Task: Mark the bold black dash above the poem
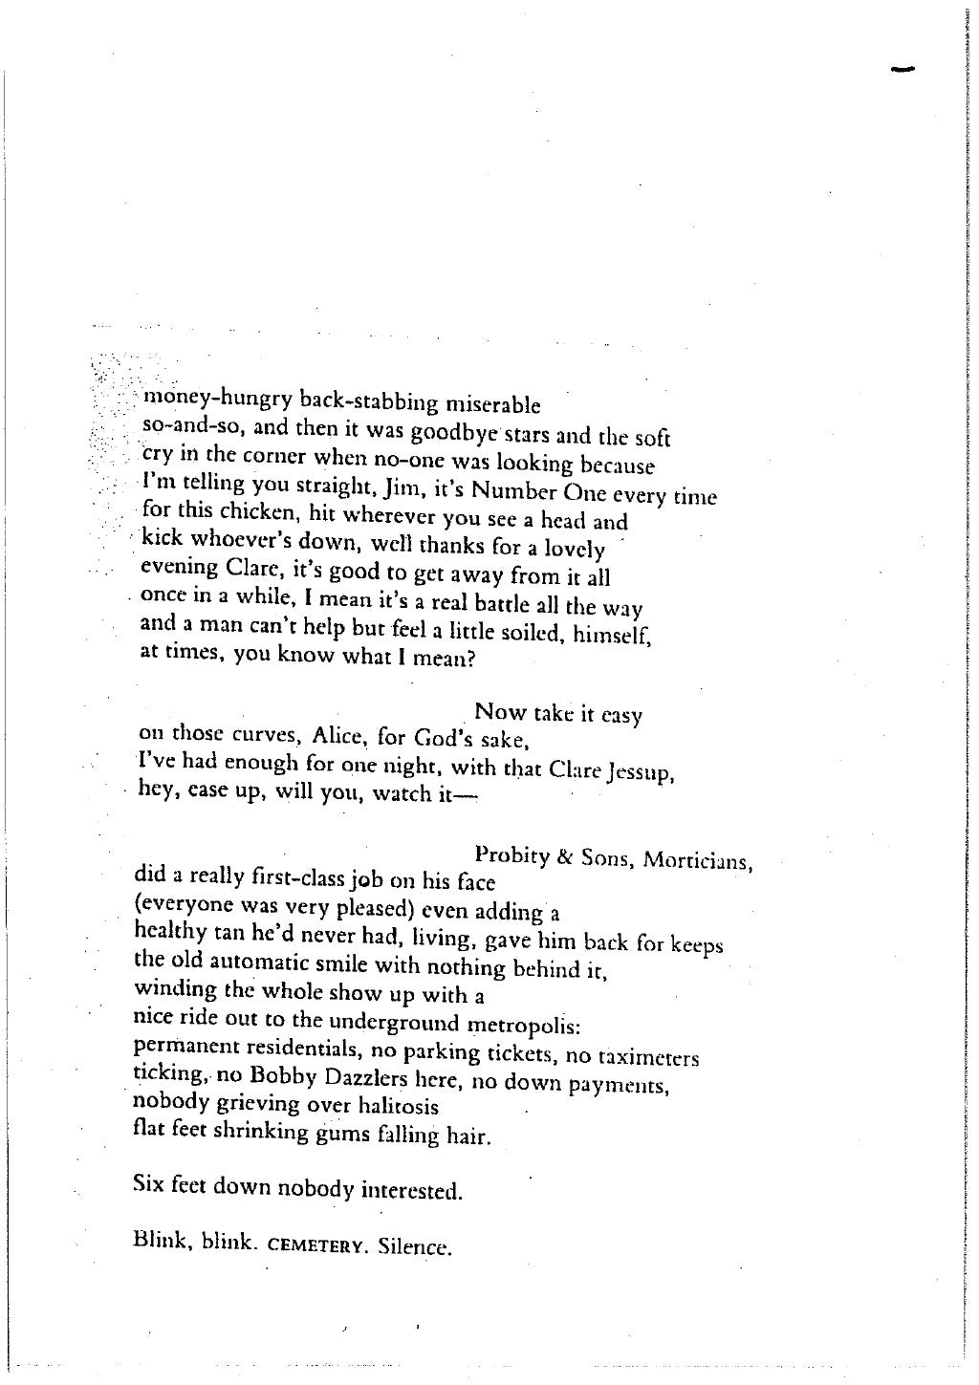click(x=903, y=68)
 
